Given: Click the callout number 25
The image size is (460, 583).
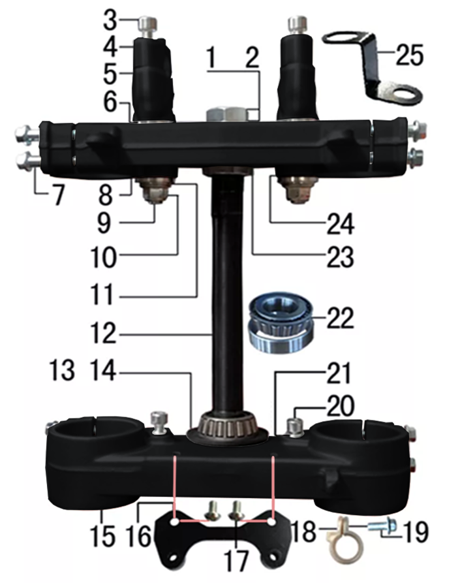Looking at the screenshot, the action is point(409,55).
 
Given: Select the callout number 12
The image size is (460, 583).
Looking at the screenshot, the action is point(104,333).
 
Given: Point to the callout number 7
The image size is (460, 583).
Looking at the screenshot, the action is point(58,194).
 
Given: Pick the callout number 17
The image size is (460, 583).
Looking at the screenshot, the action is point(236,561).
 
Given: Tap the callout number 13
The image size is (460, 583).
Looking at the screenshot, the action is point(62,370).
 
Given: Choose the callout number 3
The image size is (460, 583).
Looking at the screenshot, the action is point(110,20).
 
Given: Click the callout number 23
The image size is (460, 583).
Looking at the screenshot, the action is point(339,257).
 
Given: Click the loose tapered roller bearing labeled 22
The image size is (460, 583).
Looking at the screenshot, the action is point(281,322).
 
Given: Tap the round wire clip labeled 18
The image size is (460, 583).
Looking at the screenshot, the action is point(344,545).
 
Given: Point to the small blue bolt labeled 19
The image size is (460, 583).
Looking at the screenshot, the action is point(382,526).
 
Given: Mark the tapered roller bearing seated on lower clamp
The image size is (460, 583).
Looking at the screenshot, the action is point(228,428).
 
